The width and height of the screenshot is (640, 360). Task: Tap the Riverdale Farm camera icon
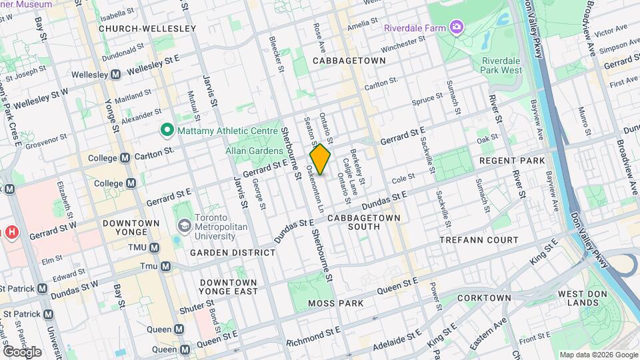pos(457,27)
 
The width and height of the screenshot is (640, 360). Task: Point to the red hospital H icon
pos(11,233)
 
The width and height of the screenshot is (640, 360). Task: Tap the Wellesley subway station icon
pos(115,74)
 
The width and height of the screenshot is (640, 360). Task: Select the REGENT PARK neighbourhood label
pos(513,161)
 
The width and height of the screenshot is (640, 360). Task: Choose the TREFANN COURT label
pos(479,239)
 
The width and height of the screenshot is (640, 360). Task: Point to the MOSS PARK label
pos(336,303)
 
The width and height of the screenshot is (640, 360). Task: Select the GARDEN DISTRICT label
pos(232,253)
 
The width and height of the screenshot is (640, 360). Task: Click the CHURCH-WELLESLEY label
pos(147,29)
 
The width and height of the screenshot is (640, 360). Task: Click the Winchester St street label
pos(402,45)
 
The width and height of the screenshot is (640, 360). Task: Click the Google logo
pos(22,351)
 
